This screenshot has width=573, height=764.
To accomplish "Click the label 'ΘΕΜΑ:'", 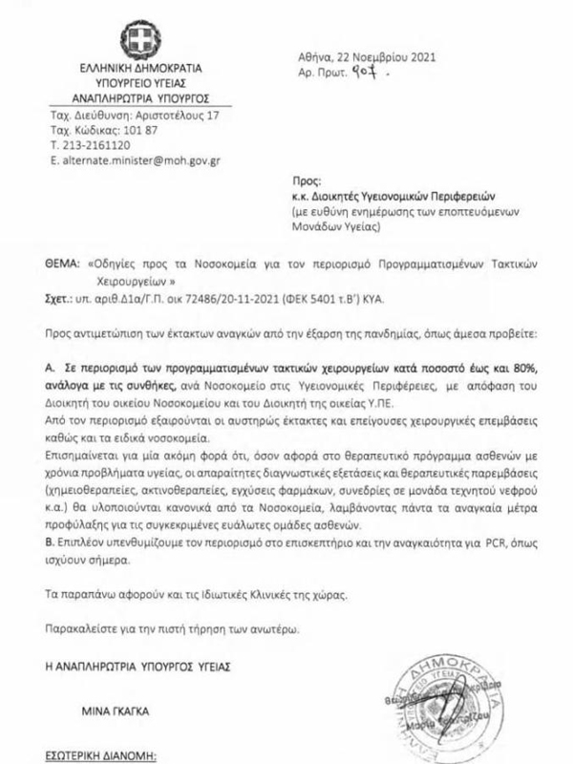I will coord(61,261).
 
